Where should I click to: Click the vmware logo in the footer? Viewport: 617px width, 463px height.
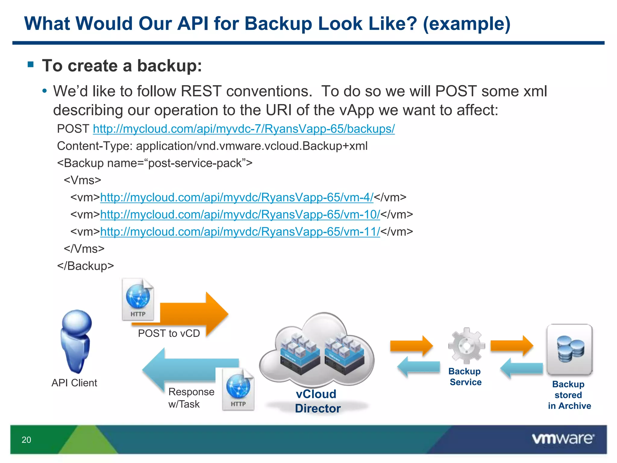coord(563,439)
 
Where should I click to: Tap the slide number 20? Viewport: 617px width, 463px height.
coord(26,440)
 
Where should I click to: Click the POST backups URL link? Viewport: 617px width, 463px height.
coord(243,129)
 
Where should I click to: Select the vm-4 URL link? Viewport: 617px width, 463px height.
coord(236,197)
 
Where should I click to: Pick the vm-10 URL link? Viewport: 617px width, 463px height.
coord(240,215)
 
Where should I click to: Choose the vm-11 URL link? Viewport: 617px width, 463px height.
coord(240,232)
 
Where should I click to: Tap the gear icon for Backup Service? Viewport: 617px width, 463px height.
coord(466,346)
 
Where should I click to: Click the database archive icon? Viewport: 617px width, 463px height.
coord(569,349)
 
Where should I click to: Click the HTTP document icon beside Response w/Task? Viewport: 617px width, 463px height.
coord(238,389)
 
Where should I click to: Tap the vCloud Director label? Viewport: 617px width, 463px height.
coord(317,401)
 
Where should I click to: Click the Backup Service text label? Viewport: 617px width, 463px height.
coord(465,376)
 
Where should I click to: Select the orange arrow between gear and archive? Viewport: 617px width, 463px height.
coord(512,345)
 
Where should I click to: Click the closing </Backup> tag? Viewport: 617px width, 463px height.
coord(86,266)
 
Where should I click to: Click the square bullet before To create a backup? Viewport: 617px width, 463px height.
coord(30,64)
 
